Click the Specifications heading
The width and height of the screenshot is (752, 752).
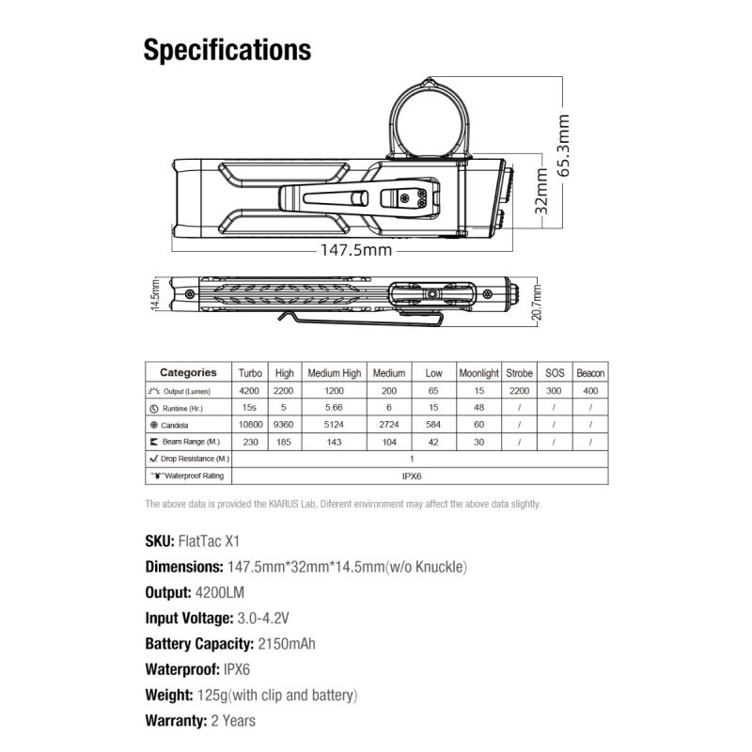tap(227, 49)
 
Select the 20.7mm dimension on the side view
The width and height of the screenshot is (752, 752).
tap(537, 299)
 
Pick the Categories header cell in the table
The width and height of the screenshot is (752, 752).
tap(188, 373)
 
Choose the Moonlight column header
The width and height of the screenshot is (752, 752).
tap(478, 373)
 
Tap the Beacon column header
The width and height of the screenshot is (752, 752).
tap(590, 373)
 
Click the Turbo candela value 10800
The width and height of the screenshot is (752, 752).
tap(249, 425)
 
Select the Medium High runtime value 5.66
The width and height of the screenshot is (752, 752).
tap(334, 408)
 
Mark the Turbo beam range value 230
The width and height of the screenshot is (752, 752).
tap(249, 442)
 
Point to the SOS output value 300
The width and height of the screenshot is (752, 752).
tap(555, 390)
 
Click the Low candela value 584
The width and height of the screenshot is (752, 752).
tap(433, 425)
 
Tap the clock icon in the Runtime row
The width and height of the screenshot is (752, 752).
tap(153, 408)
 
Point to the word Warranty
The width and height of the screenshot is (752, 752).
tap(175, 721)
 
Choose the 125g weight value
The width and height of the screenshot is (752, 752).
tap(210, 696)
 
